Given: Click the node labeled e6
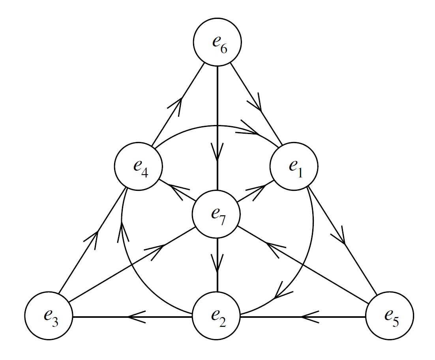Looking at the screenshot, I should (x=217, y=43).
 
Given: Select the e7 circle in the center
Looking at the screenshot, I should (x=216, y=215).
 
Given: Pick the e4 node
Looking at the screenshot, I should (x=138, y=166).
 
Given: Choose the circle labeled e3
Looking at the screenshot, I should (x=49, y=317).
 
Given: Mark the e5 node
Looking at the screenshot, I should (x=390, y=317).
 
